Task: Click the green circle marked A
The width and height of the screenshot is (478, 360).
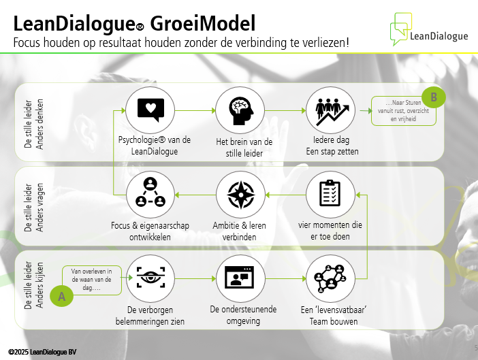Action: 61,296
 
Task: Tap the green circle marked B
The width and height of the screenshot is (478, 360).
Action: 434,97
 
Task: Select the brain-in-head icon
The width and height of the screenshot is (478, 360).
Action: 241,111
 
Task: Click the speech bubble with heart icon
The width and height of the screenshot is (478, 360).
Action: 150,110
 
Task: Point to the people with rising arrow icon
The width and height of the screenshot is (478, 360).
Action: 332,112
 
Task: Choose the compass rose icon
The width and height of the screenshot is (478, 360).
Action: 241,195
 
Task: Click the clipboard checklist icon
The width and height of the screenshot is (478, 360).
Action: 330,193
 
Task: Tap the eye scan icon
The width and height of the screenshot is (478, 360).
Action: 150,277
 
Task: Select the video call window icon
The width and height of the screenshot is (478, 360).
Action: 239,277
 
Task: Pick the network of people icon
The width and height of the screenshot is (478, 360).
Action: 330,278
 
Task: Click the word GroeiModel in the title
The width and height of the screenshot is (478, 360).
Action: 203,24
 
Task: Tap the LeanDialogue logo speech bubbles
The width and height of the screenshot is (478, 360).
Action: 401,29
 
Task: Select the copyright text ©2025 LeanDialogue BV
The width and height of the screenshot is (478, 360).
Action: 42,352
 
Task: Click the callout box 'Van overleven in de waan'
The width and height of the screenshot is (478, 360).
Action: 92,280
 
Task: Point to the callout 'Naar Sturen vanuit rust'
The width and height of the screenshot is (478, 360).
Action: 403,111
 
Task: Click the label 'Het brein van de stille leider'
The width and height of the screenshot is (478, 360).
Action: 244,148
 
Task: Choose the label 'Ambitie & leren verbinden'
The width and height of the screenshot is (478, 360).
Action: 239,231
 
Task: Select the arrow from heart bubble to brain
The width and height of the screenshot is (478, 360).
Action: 195,110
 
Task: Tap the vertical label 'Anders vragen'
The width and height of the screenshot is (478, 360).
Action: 39,208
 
